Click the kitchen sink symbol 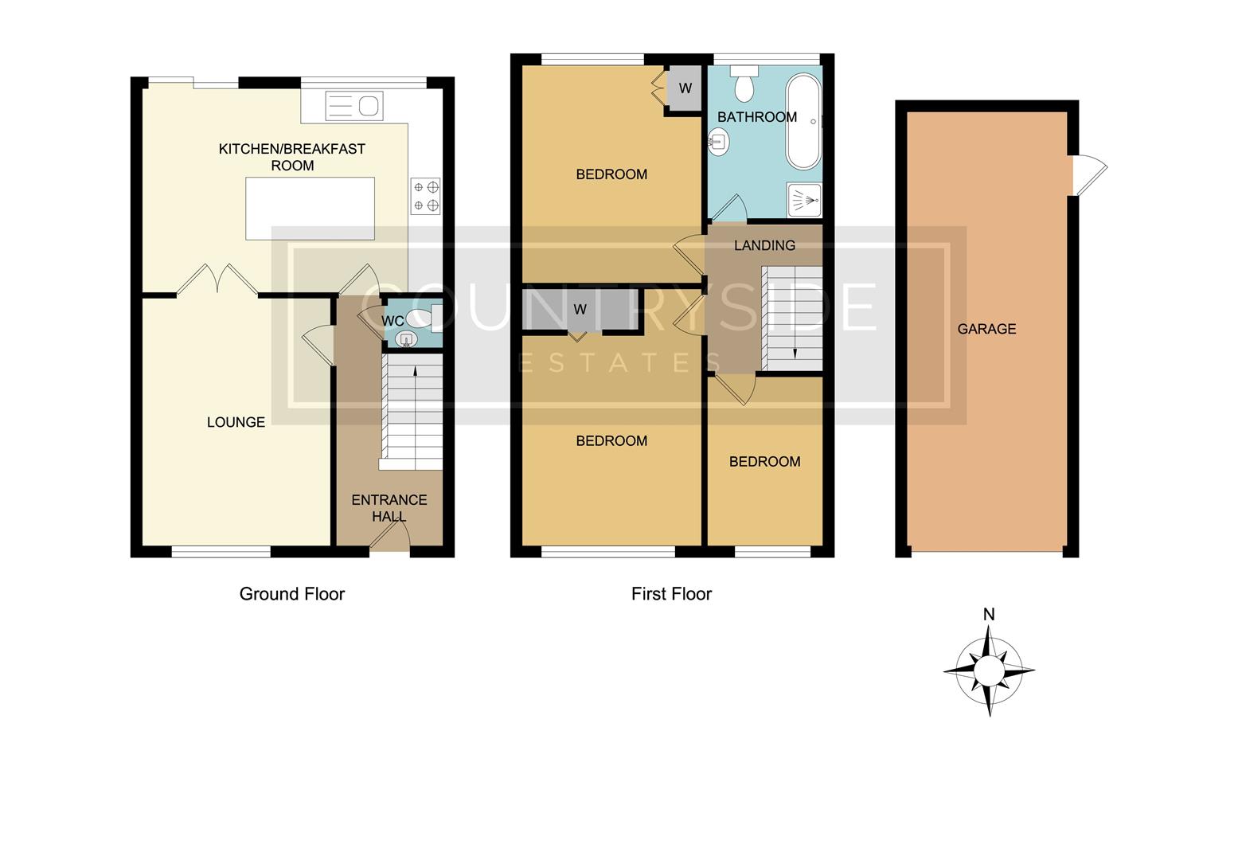(354, 105)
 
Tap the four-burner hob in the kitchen (425, 196)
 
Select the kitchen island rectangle (310, 209)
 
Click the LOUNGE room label (236, 422)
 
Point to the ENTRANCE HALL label (389, 508)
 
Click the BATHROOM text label (756, 117)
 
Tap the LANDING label (764, 245)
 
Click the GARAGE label (986, 329)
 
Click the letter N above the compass (989, 614)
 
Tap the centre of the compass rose (989, 670)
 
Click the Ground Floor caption (291, 594)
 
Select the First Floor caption (671, 594)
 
